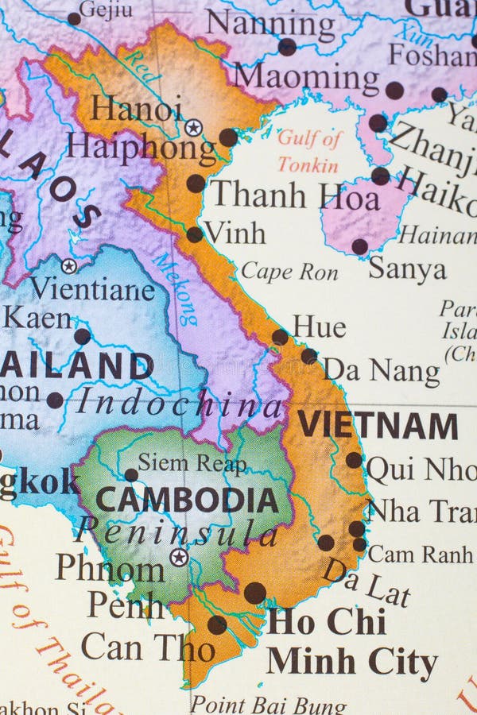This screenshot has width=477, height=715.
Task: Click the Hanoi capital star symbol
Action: click(x=193, y=127)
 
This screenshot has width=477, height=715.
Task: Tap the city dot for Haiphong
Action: click(x=228, y=137)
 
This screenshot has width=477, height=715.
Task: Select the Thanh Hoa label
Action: click(x=294, y=195)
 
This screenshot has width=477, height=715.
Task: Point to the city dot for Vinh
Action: click(x=195, y=234)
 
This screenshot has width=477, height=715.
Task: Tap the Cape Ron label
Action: click(x=289, y=272)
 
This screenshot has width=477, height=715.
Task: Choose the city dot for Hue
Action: click(x=280, y=337)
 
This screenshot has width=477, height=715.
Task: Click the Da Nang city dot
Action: click(x=309, y=356)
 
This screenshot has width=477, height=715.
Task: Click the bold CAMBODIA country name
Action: click(x=187, y=500)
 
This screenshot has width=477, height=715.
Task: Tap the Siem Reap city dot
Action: click(x=131, y=475)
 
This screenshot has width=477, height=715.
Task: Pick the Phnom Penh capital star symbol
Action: click(x=180, y=557)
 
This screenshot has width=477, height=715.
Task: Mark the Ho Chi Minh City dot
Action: click(x=254, y=593)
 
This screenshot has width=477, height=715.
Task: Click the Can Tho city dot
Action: click(x=217, y=624)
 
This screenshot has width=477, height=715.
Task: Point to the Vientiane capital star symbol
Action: click(x=69, y=266)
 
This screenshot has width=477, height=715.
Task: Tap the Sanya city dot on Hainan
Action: click(x=360, y=246)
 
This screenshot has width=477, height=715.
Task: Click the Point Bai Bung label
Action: click(x=268, y=705)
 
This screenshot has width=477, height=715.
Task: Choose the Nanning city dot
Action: click(x=287, y=47)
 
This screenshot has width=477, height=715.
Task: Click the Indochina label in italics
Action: click(x=179, y=404)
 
